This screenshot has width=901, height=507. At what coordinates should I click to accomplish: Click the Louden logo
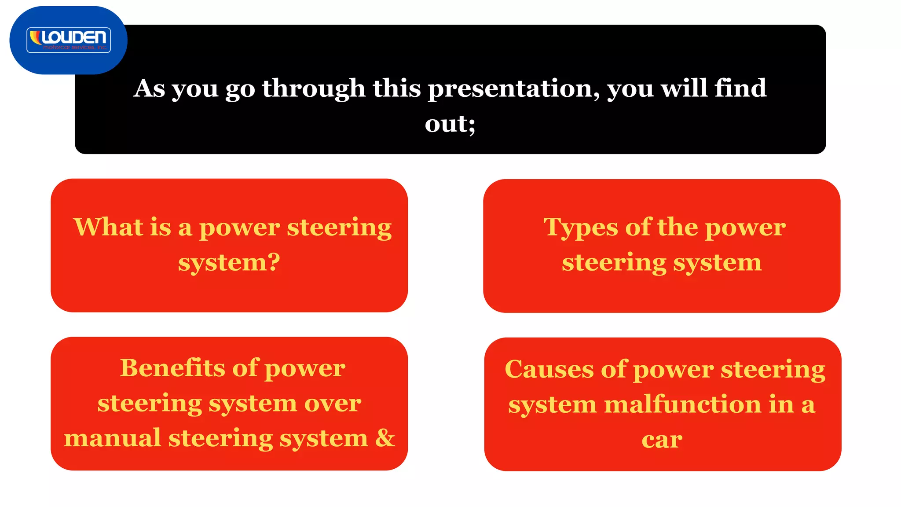(69, 40)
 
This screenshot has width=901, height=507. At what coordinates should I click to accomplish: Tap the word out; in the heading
(450, 124)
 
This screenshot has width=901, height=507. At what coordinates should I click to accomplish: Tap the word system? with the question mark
(229, 263)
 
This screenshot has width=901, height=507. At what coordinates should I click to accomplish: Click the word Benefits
(172, 368)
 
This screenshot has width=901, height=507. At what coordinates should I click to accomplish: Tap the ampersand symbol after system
(385, 438)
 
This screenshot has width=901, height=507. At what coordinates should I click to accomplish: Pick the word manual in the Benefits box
(112, 438)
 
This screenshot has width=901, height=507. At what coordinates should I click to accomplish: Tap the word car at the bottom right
(662, 440)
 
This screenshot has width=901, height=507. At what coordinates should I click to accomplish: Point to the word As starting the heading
(149, 88)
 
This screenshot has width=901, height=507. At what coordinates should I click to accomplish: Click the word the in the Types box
(678, 227)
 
